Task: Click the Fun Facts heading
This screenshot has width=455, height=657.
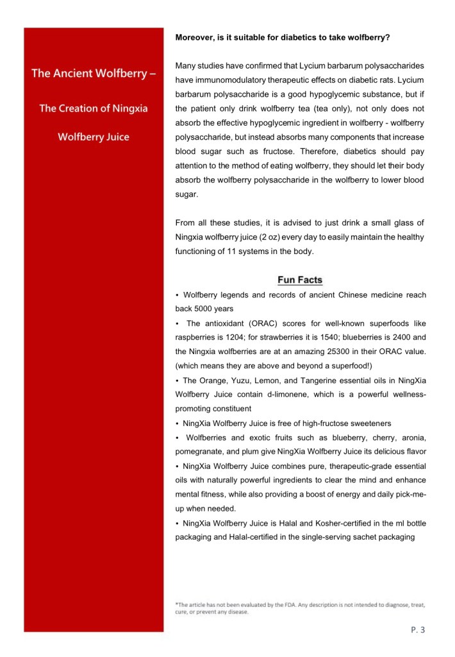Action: (x=299, y=280)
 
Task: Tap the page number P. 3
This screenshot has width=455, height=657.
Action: (x=418, y=630)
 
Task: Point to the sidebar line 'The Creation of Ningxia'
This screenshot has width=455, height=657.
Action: (x=94, y=108)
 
